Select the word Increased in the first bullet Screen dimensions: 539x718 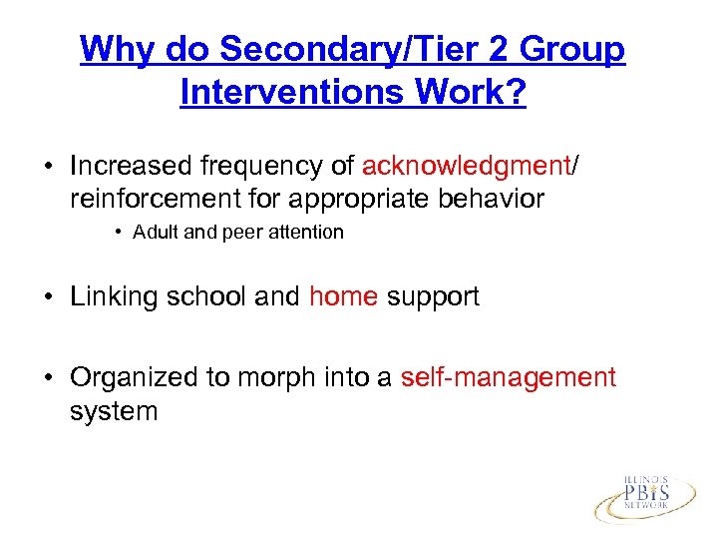pos(136,167)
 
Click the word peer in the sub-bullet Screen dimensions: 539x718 pos(244,233)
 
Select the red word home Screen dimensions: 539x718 pos(343,296)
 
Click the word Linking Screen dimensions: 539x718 pos(115,296)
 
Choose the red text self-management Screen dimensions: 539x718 pos(508,378)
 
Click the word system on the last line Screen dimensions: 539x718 pos(114,410)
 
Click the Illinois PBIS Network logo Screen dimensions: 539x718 pos(645,496)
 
